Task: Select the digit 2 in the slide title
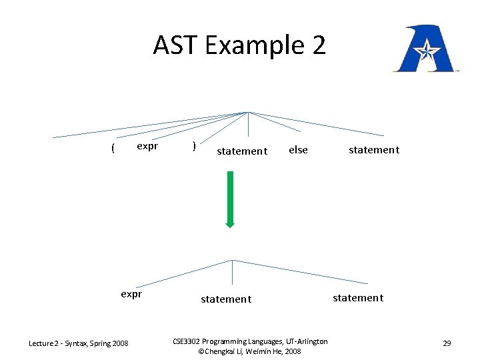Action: [318, 45]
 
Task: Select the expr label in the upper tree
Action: [147, 146]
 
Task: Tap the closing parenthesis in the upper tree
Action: [193, 146]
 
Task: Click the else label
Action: [298, 150]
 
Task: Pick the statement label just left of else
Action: [242, 151]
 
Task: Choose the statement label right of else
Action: [374, 150]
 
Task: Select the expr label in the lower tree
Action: [131, 293]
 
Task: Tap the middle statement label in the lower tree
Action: [226, 299]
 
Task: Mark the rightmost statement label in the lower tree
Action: [358, 297]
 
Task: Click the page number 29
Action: [447, 343]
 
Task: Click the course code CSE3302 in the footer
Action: [186, 341]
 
